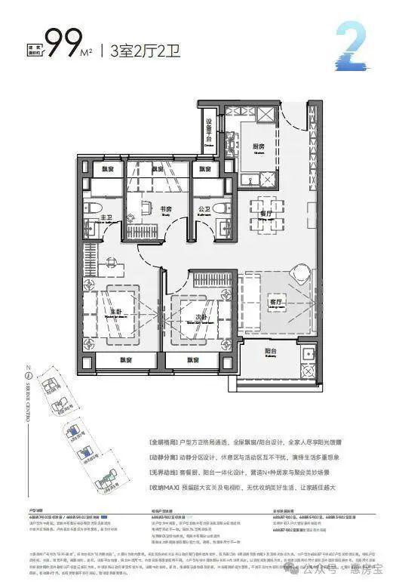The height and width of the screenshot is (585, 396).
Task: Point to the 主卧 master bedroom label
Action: pos(117,310)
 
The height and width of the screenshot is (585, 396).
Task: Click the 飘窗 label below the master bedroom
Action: pos(125,361)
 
